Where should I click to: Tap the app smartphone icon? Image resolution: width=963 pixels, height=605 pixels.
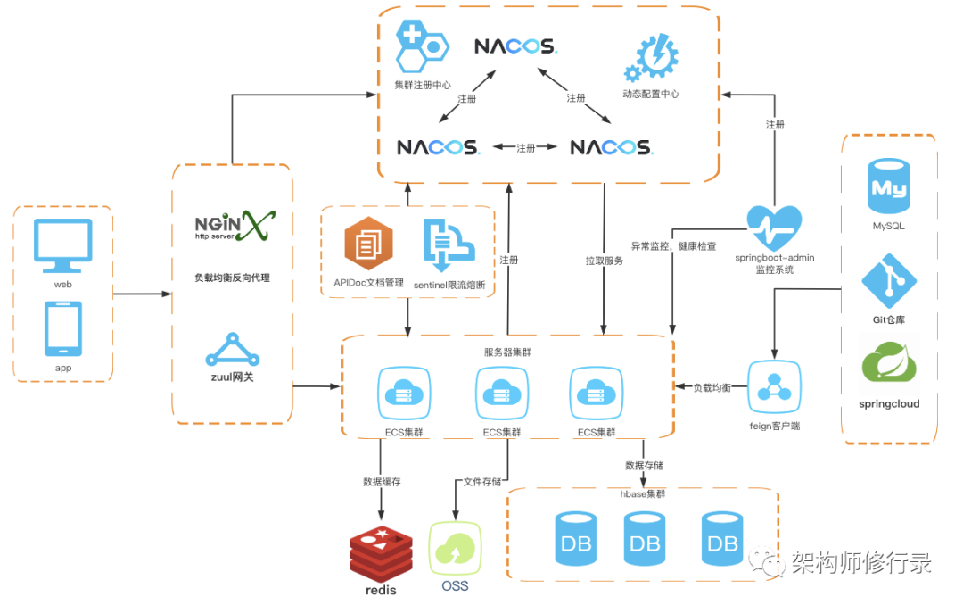tap(63, 329)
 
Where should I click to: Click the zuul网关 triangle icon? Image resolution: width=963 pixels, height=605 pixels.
tap(232, 350)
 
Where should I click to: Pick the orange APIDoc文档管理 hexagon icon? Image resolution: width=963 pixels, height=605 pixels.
tap(368, 244)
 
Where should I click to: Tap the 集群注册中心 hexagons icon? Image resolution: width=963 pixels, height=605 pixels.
tap(422, 46)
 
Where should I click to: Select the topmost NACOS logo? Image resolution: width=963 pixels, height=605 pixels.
tap(516, 46)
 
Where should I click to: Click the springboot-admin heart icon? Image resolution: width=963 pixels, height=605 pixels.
tap(774, 228)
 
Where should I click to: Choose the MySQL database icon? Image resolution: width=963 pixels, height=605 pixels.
tap(889, 186)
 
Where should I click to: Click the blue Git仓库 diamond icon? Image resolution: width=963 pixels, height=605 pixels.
tap(889, 281)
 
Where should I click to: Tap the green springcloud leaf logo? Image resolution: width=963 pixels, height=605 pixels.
tap(889, 363)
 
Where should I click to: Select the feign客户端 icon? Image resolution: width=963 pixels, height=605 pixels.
tap(774, 387)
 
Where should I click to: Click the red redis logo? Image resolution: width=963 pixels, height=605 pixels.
tap(381, 554)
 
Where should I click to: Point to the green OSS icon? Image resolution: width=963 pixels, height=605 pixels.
tap(455, 548)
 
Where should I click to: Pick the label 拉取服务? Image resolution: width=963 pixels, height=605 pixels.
tap(605, 261)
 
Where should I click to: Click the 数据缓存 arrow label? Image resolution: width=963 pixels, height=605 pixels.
tap(382, 482)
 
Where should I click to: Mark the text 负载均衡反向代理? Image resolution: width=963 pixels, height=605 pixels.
tap(232, 278)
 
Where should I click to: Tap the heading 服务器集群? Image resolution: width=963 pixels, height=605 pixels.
tap(507, 352)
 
